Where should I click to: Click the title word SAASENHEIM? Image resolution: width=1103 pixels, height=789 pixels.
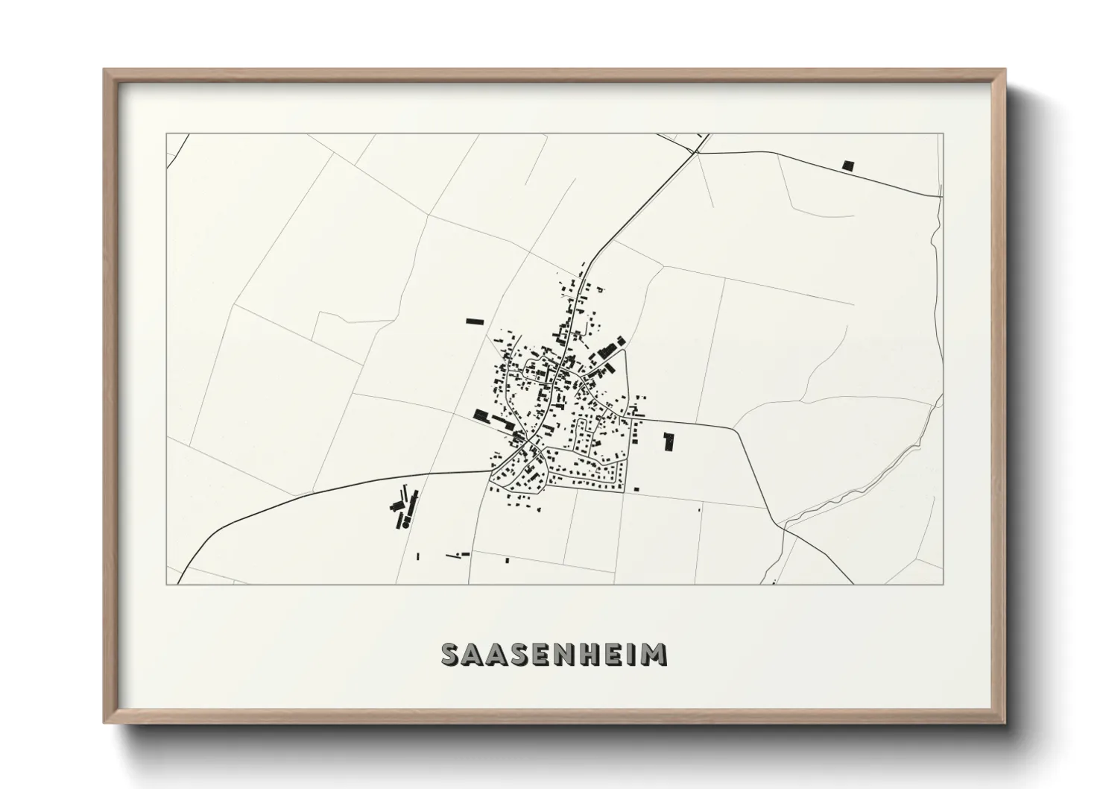pos(554,654)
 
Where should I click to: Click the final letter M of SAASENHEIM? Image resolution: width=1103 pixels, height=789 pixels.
pos(655,654)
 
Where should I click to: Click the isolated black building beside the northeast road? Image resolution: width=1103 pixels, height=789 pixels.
pos(847,166)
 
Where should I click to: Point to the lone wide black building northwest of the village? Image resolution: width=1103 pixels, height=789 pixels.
pos(475,321)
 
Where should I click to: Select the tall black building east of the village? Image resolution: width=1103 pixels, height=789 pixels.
pos(669,441)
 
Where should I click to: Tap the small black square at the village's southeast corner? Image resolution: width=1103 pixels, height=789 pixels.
pos(636,489)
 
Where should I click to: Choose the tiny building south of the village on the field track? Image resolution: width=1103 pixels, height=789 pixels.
pos(508,559)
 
